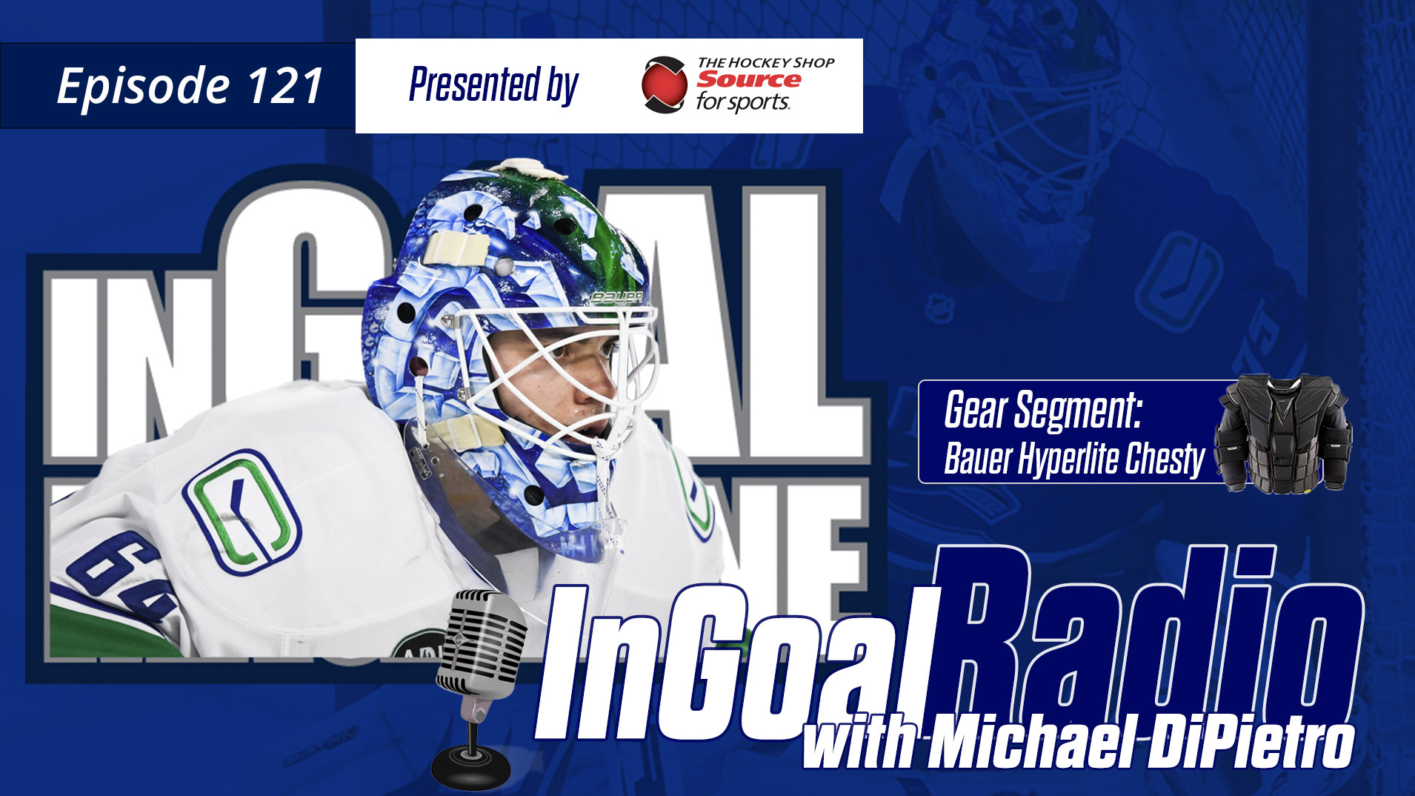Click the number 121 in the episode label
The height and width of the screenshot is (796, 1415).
point(284,86)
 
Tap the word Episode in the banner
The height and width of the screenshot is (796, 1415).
point(144,87)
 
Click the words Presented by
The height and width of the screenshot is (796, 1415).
point(493,84)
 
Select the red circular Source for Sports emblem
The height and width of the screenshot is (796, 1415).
point(664,84)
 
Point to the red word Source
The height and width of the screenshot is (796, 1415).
point(748,79)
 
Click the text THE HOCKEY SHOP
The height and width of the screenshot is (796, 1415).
point(766,63)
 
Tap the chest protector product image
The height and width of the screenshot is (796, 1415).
point(1283,434)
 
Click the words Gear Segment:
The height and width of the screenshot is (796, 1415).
point(1043,410)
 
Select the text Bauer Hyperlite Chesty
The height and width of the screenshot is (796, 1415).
point(1074,459)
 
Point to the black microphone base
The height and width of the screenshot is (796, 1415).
point(471,766)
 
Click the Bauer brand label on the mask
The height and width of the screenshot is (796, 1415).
point(616,298)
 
